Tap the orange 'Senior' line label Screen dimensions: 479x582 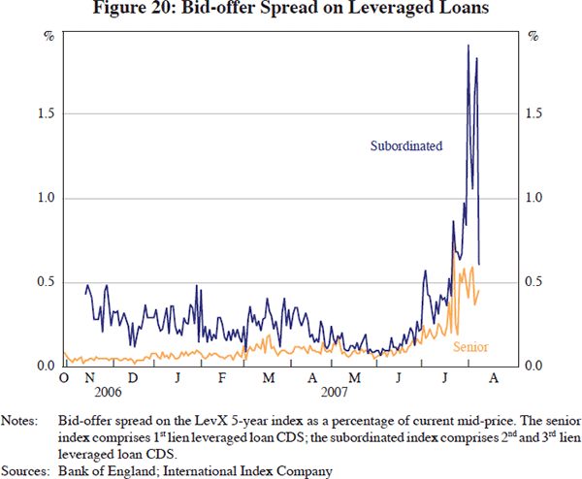469,347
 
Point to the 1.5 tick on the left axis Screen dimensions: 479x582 45,114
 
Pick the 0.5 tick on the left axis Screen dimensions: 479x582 45,282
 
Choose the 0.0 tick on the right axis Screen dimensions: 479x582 535,367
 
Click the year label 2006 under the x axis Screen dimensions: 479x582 110,392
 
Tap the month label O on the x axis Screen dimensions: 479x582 64,377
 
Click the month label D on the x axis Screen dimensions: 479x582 132,377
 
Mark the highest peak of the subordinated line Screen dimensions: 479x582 469,45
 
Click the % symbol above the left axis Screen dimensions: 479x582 47,37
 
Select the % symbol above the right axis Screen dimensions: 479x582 533,37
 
